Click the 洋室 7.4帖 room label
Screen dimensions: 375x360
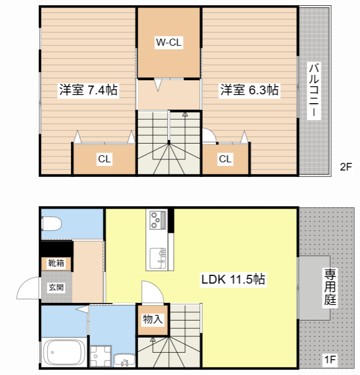(x=88, y=90)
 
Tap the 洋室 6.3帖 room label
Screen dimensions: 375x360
(x=249, y=90)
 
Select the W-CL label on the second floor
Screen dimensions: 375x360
(x=168, y=42)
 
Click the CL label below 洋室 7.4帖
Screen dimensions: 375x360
(x=104, y=159)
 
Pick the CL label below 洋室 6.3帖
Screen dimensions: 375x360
(x=225, y=159)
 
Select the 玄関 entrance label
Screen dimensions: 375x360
(x=56, y=287)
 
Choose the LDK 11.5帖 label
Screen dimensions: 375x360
(x=233, y=279)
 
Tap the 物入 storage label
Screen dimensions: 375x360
(x=152, y=319)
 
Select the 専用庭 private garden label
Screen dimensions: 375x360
(x=330, y=287)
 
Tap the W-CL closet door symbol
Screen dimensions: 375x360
(x=158, y=86)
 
